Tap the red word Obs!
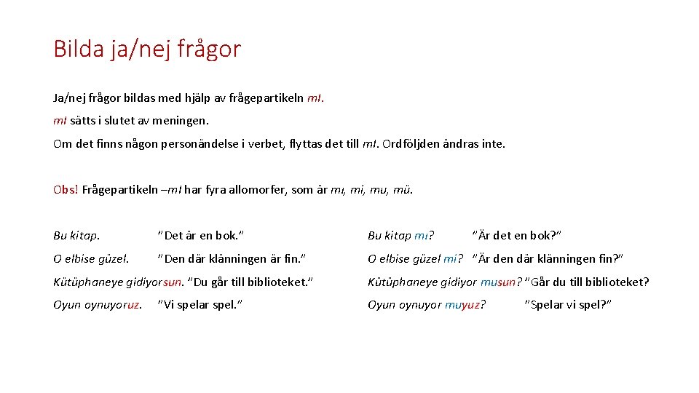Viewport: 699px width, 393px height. pyautogui.click(x=66, y=190)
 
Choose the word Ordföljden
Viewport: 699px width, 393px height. pyautogui.click(x=415, y=143)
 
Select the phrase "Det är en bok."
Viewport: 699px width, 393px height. pyautogui.click(x=201, y=235)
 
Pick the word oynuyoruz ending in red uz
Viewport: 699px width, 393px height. pyautogui.click(x=114, y=305)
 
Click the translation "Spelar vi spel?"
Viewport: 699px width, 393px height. pyautogui.click(x=568, y=305)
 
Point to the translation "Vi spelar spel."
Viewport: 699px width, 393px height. pyautogui.click(x=200, y=305)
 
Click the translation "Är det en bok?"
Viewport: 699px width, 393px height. pyautogui.click(x=517, y=235)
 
